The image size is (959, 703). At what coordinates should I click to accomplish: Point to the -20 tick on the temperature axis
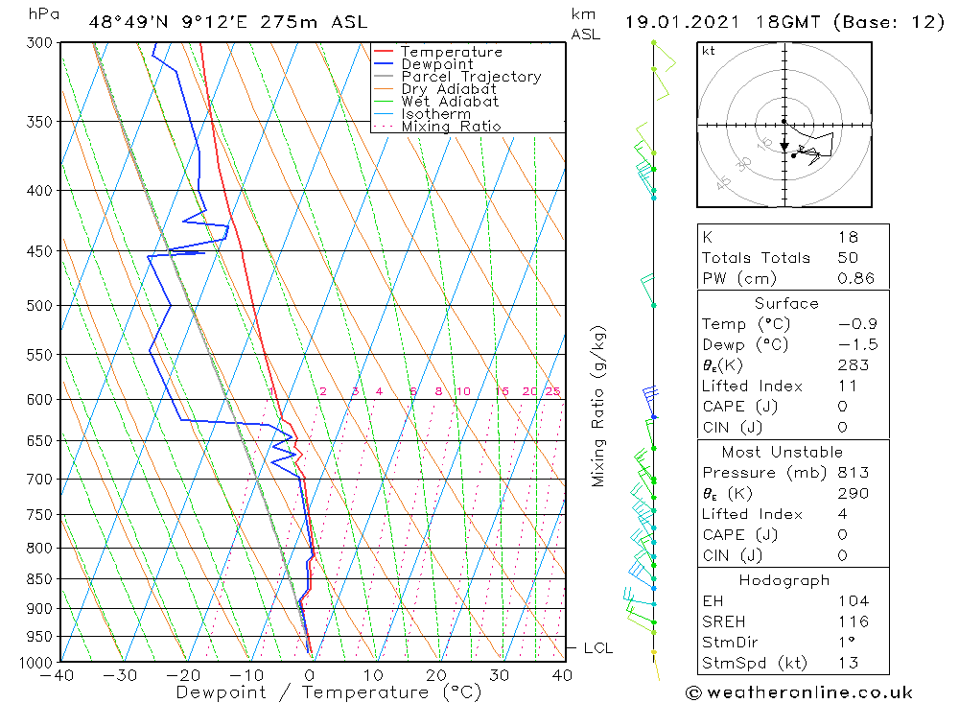coord(183,675)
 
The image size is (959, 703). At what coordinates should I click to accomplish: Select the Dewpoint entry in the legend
coord(436,64)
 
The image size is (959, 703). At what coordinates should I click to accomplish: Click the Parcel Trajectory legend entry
coord(471,77)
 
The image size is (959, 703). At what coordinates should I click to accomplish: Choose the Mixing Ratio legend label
coord(451,126)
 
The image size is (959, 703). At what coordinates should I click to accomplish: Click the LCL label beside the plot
coord(597,648)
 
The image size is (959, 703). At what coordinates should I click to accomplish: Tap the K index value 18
coord(847,237)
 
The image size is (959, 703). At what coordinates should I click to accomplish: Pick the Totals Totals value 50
coord(847,257)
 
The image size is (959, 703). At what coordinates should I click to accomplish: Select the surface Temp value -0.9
coord(856,324)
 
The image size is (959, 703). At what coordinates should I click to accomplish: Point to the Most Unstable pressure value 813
coord(853,472)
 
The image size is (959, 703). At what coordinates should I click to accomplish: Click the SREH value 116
coord(853,621)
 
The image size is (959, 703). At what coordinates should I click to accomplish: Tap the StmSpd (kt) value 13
coord(848,663)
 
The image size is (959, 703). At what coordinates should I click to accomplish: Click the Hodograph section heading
coord(785,580)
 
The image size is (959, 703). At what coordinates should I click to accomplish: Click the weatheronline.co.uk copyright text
coord(799,691)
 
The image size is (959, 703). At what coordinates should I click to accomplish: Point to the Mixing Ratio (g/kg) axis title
coord(599,406)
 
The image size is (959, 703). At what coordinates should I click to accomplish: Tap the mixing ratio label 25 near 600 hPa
coord(552,391)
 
